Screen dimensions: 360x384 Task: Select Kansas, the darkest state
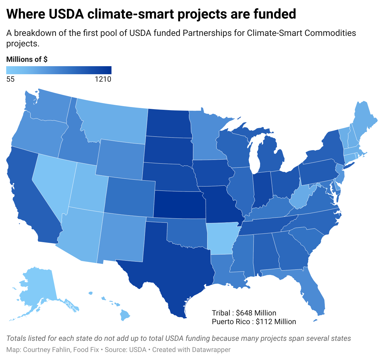point(180,204)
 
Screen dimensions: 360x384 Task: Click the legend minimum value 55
point(11,79)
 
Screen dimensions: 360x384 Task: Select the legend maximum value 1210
point(103,79)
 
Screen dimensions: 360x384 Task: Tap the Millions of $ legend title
point(27,59)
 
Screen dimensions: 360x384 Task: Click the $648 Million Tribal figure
point(256,313)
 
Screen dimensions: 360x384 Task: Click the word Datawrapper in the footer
point(211,350)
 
